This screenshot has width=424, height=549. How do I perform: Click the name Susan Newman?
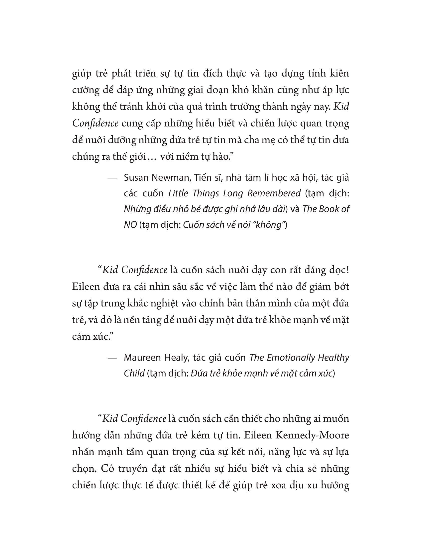[158, 178]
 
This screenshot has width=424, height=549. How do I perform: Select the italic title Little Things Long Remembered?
[234, 193]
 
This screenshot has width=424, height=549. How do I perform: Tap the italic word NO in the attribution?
[130, 225]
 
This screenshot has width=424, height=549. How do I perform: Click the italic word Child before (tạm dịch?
[134, 373]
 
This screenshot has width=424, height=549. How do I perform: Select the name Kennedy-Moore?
[312, 435]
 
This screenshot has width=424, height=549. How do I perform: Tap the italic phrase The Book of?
[325, 209]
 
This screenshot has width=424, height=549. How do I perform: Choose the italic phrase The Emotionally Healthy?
[299, 357]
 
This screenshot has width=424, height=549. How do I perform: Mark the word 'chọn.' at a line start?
[84, 469]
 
